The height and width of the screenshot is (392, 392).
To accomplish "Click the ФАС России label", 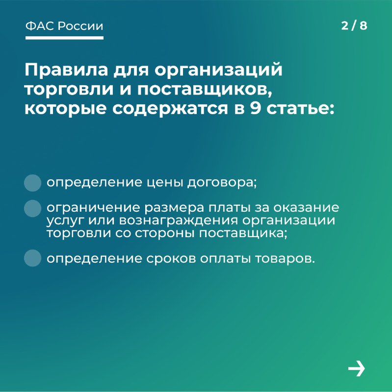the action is (x=64, y=26).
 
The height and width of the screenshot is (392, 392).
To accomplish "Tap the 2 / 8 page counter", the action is (x=354, y=25).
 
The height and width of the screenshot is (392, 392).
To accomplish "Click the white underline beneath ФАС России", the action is (x=64, y=38).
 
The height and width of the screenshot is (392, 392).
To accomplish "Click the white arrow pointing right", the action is (x=357, y=368).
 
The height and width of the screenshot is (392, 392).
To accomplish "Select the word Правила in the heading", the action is (x=66, y=70).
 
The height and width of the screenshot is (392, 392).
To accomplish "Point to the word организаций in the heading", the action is (x=218, y=71).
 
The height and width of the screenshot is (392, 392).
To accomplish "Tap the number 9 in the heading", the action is (x=255, y=108).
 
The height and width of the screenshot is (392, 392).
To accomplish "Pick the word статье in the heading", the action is (x=298, y=109).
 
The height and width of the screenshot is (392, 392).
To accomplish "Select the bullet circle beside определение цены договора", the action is (x=32, y=183).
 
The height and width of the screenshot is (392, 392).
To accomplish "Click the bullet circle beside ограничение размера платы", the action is (x=32, y=208).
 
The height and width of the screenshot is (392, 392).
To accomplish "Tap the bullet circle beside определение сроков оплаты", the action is (x=32, y=258).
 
